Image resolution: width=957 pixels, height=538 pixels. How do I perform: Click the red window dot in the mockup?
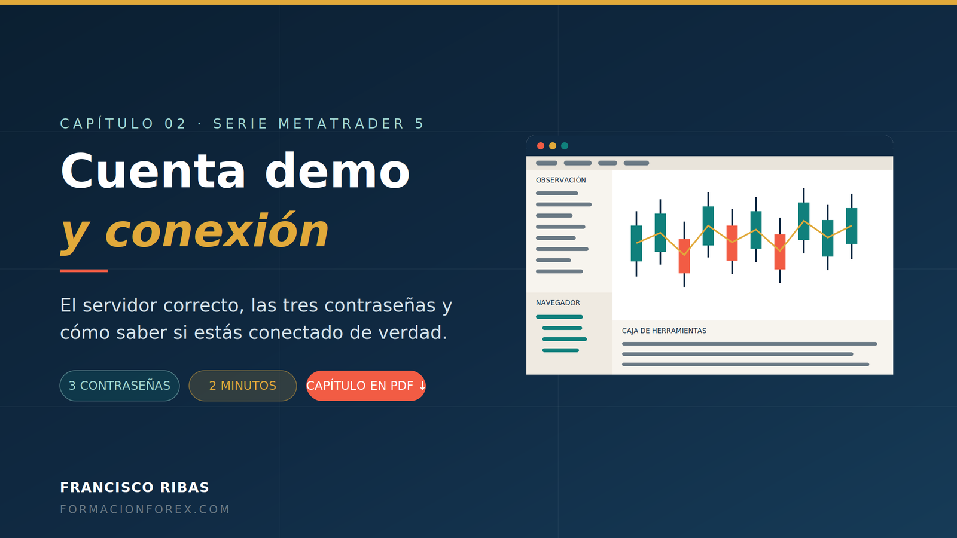point(541,146)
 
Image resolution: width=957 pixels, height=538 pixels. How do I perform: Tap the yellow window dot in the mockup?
point(553,146)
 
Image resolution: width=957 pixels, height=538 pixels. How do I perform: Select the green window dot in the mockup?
point(565,146)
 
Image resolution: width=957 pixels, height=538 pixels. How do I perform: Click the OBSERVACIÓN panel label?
point(560,180)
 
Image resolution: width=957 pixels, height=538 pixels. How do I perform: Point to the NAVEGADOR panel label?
point(558,302)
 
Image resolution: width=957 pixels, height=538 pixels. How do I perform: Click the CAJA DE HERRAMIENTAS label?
point(664,331)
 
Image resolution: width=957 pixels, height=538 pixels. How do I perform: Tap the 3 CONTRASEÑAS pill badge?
point(120,386)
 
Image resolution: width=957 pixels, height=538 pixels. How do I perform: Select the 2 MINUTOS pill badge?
point(243,386)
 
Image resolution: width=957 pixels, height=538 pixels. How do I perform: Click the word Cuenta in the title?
point(153,171)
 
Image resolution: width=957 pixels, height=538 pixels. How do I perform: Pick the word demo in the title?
point(337,171)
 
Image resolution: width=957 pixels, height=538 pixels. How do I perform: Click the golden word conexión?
point(217,231)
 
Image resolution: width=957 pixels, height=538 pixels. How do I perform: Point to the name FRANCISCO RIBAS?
point(135,487)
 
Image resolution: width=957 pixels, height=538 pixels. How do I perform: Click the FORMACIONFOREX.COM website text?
point(145,509)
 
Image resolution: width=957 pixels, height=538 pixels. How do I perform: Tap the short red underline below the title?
point(84,271)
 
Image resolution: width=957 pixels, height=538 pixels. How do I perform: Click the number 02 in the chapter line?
point(175,124)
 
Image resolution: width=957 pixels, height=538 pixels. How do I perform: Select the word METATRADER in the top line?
point(341,124)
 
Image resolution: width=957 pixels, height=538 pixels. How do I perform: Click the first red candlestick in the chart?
point(684,256)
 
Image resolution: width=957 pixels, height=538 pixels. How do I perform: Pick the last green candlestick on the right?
point(852,226)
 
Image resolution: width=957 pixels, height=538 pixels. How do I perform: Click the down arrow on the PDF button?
point(422,386)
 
